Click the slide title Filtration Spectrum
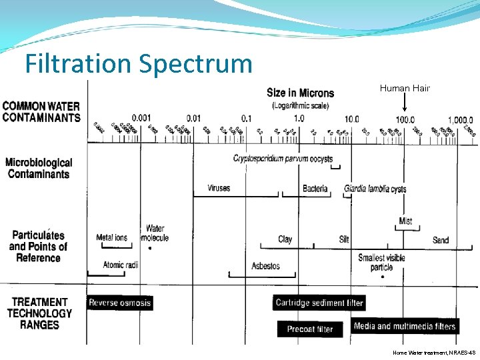coord(139,64)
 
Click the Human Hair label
coord(405,88)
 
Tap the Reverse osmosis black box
coord(120,303)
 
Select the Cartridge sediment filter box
coord(319,303)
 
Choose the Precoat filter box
coord(310,329)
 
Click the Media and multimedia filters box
coord(405,326)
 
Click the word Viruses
coord(219,188)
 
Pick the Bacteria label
coord(315,189)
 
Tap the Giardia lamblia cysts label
coord(375,189)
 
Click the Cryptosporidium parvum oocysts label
coord(283,158)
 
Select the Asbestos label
coord(265,266)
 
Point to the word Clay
coord(285,239)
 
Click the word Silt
coord(344,239)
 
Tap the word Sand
coord(441,240)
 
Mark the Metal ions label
coord(111,237)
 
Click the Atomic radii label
coord(121,265)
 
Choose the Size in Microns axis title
coord(300,93)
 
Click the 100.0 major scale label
coord(405,119)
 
